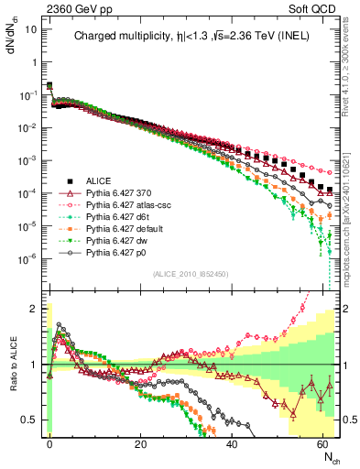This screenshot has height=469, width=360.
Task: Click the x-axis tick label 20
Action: [140, 443]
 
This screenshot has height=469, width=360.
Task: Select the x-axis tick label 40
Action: [232, 443]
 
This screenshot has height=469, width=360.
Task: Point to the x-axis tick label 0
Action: [49, 443]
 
